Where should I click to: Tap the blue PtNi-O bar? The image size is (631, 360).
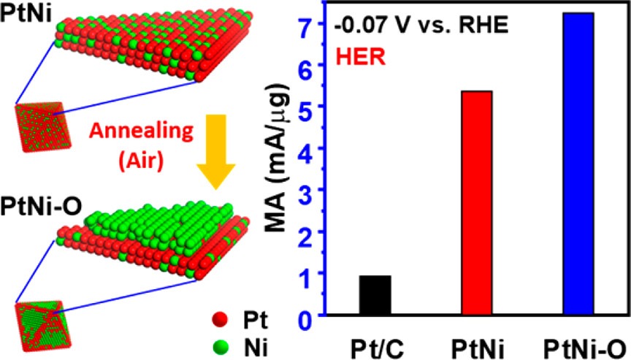coord(578,164)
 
